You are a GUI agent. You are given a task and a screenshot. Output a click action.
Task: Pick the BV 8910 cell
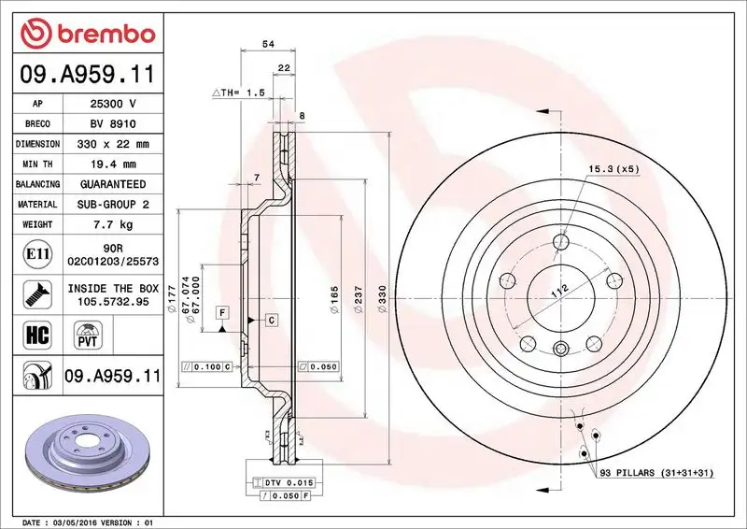pyautogui.click(x=113, y=124)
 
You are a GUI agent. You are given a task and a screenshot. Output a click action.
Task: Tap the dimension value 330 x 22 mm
pyautogui.click(x=111, y=144)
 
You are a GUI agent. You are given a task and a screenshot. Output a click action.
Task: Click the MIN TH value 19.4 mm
pyautogui.click(x=112, y=164)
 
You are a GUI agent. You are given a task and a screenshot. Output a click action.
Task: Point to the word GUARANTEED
pyautogui.click(x=112, y=184)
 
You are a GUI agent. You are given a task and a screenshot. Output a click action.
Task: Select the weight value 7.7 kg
pyautogui.click(x=112, y=224)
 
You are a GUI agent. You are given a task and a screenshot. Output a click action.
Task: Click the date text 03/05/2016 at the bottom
pyautogui.click(x=70, y=521)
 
